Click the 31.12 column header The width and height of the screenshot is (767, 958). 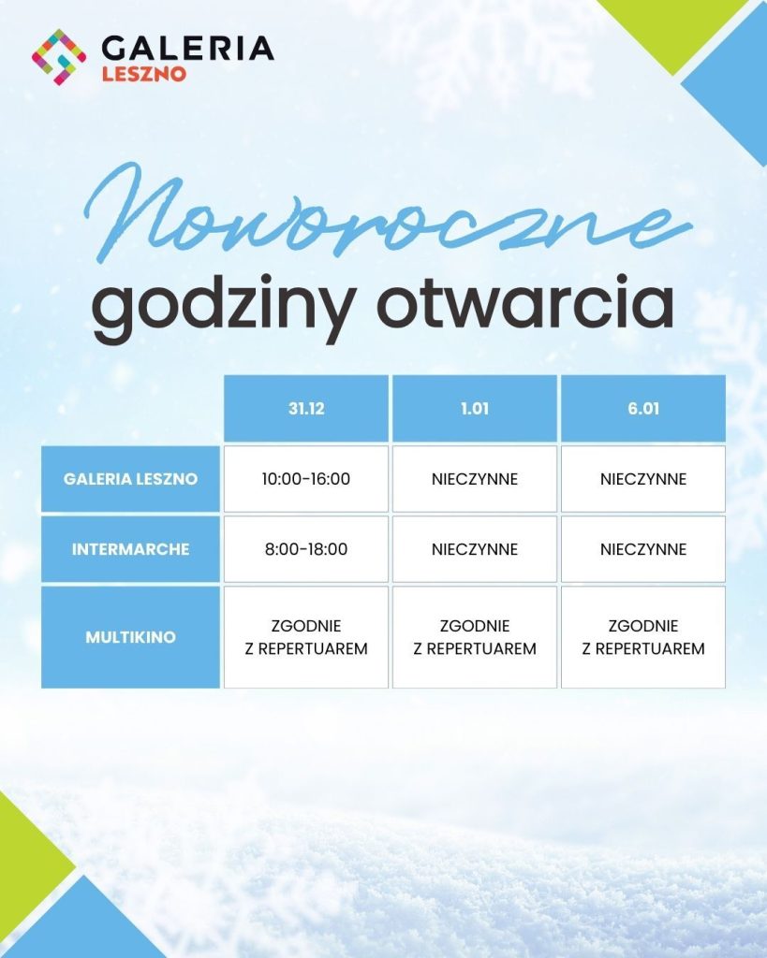(306, 408)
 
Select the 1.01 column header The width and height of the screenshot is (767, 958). (475, 408)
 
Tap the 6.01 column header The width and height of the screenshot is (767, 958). (643, 408)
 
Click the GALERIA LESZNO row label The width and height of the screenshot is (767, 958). (130, 478)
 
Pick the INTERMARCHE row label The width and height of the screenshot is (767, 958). (130, 548)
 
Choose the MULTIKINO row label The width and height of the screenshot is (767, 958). (130, 636)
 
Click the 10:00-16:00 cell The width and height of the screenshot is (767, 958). (306, 478)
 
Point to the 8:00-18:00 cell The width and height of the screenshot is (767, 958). (306, 548)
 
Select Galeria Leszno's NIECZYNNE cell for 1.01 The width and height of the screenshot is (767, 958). (475, 478)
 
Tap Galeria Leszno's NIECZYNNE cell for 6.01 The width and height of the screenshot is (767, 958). (643, 478)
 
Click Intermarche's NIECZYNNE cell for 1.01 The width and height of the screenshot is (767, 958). (475, 548)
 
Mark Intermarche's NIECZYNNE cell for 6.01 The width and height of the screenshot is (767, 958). (643, 548)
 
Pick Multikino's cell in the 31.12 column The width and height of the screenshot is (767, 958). (306, 636)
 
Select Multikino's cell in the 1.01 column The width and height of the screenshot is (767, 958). (475, 636)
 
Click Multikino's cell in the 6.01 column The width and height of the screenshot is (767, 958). (643, 636)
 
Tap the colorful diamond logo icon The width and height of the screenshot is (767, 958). (59, 57)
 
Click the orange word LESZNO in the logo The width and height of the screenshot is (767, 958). (143, 74)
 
